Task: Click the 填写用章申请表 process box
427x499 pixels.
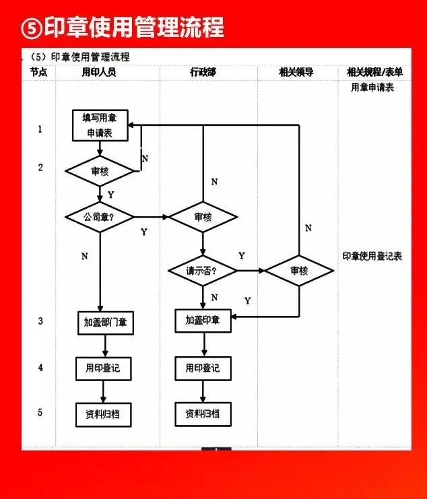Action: pos(100,125)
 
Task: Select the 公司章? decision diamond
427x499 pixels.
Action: pos(100,217)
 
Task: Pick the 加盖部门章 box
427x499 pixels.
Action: pos(104,322)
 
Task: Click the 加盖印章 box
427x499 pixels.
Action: pos(203,321)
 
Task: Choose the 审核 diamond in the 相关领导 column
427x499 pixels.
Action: pos(299,271)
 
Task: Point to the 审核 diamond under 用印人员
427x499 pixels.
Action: pos(100,172)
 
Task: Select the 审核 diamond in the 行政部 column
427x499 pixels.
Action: pos(203,217)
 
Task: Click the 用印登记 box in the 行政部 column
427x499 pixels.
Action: pos(203,368)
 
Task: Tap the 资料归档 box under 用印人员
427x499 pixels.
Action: pos(103,413)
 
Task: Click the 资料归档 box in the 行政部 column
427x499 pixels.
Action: pos(203,413)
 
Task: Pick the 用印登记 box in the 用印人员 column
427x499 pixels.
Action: pos(103,368)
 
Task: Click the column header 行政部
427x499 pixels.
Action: pos(203,72)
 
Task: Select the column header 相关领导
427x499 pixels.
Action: pos(296,72)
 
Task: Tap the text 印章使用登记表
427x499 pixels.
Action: pos(372,256)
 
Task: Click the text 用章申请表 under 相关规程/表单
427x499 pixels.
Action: pos(372,88)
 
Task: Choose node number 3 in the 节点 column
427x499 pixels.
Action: pos(40,321)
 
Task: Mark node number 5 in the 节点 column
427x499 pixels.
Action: pos(40,412)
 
